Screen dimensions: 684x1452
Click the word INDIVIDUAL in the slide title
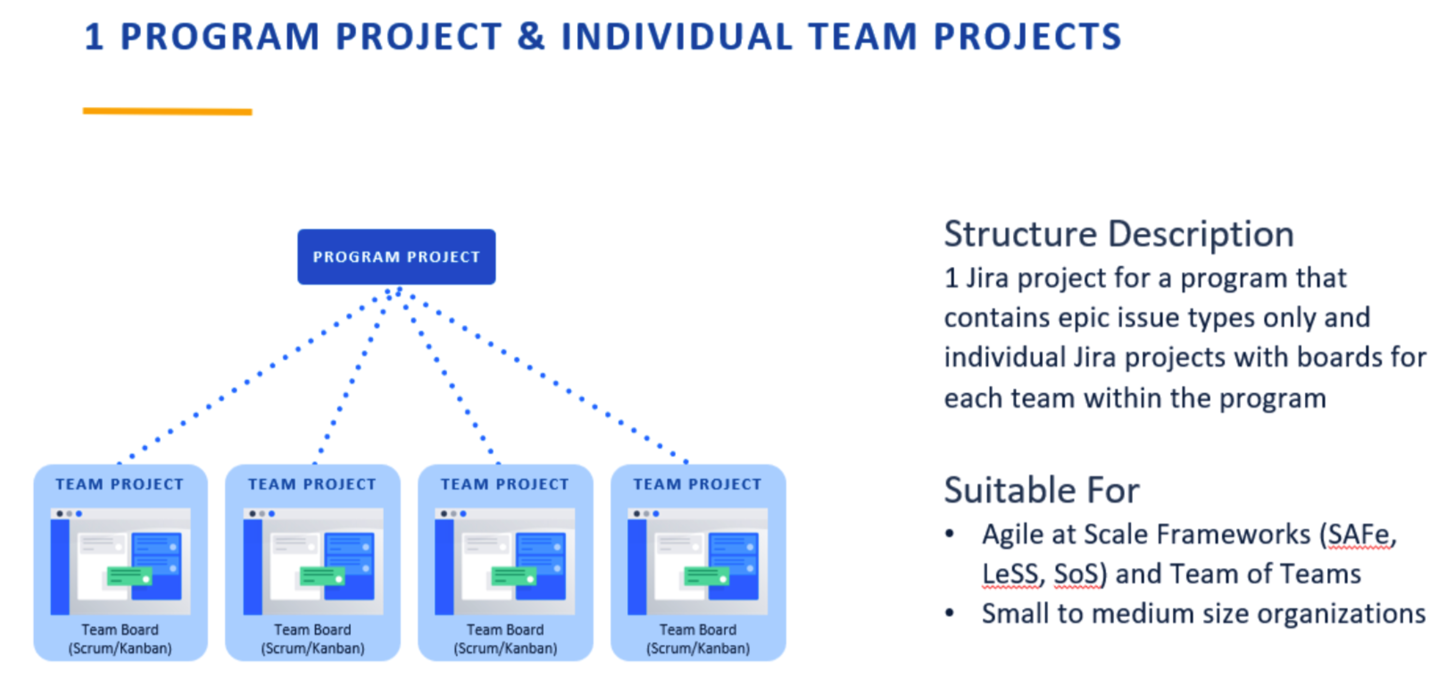click(x=676, y=37)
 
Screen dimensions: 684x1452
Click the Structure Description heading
click(x=1119, y=234)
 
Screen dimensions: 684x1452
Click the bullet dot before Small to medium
click(x=950, y=613)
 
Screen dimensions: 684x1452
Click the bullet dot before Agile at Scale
click(x=950, y=534)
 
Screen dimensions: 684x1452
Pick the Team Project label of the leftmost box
click(x=120, y=484)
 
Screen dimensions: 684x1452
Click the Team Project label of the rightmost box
click(x=697, y=484)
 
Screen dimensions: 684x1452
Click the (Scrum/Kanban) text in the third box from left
click(x=505, y=649)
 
